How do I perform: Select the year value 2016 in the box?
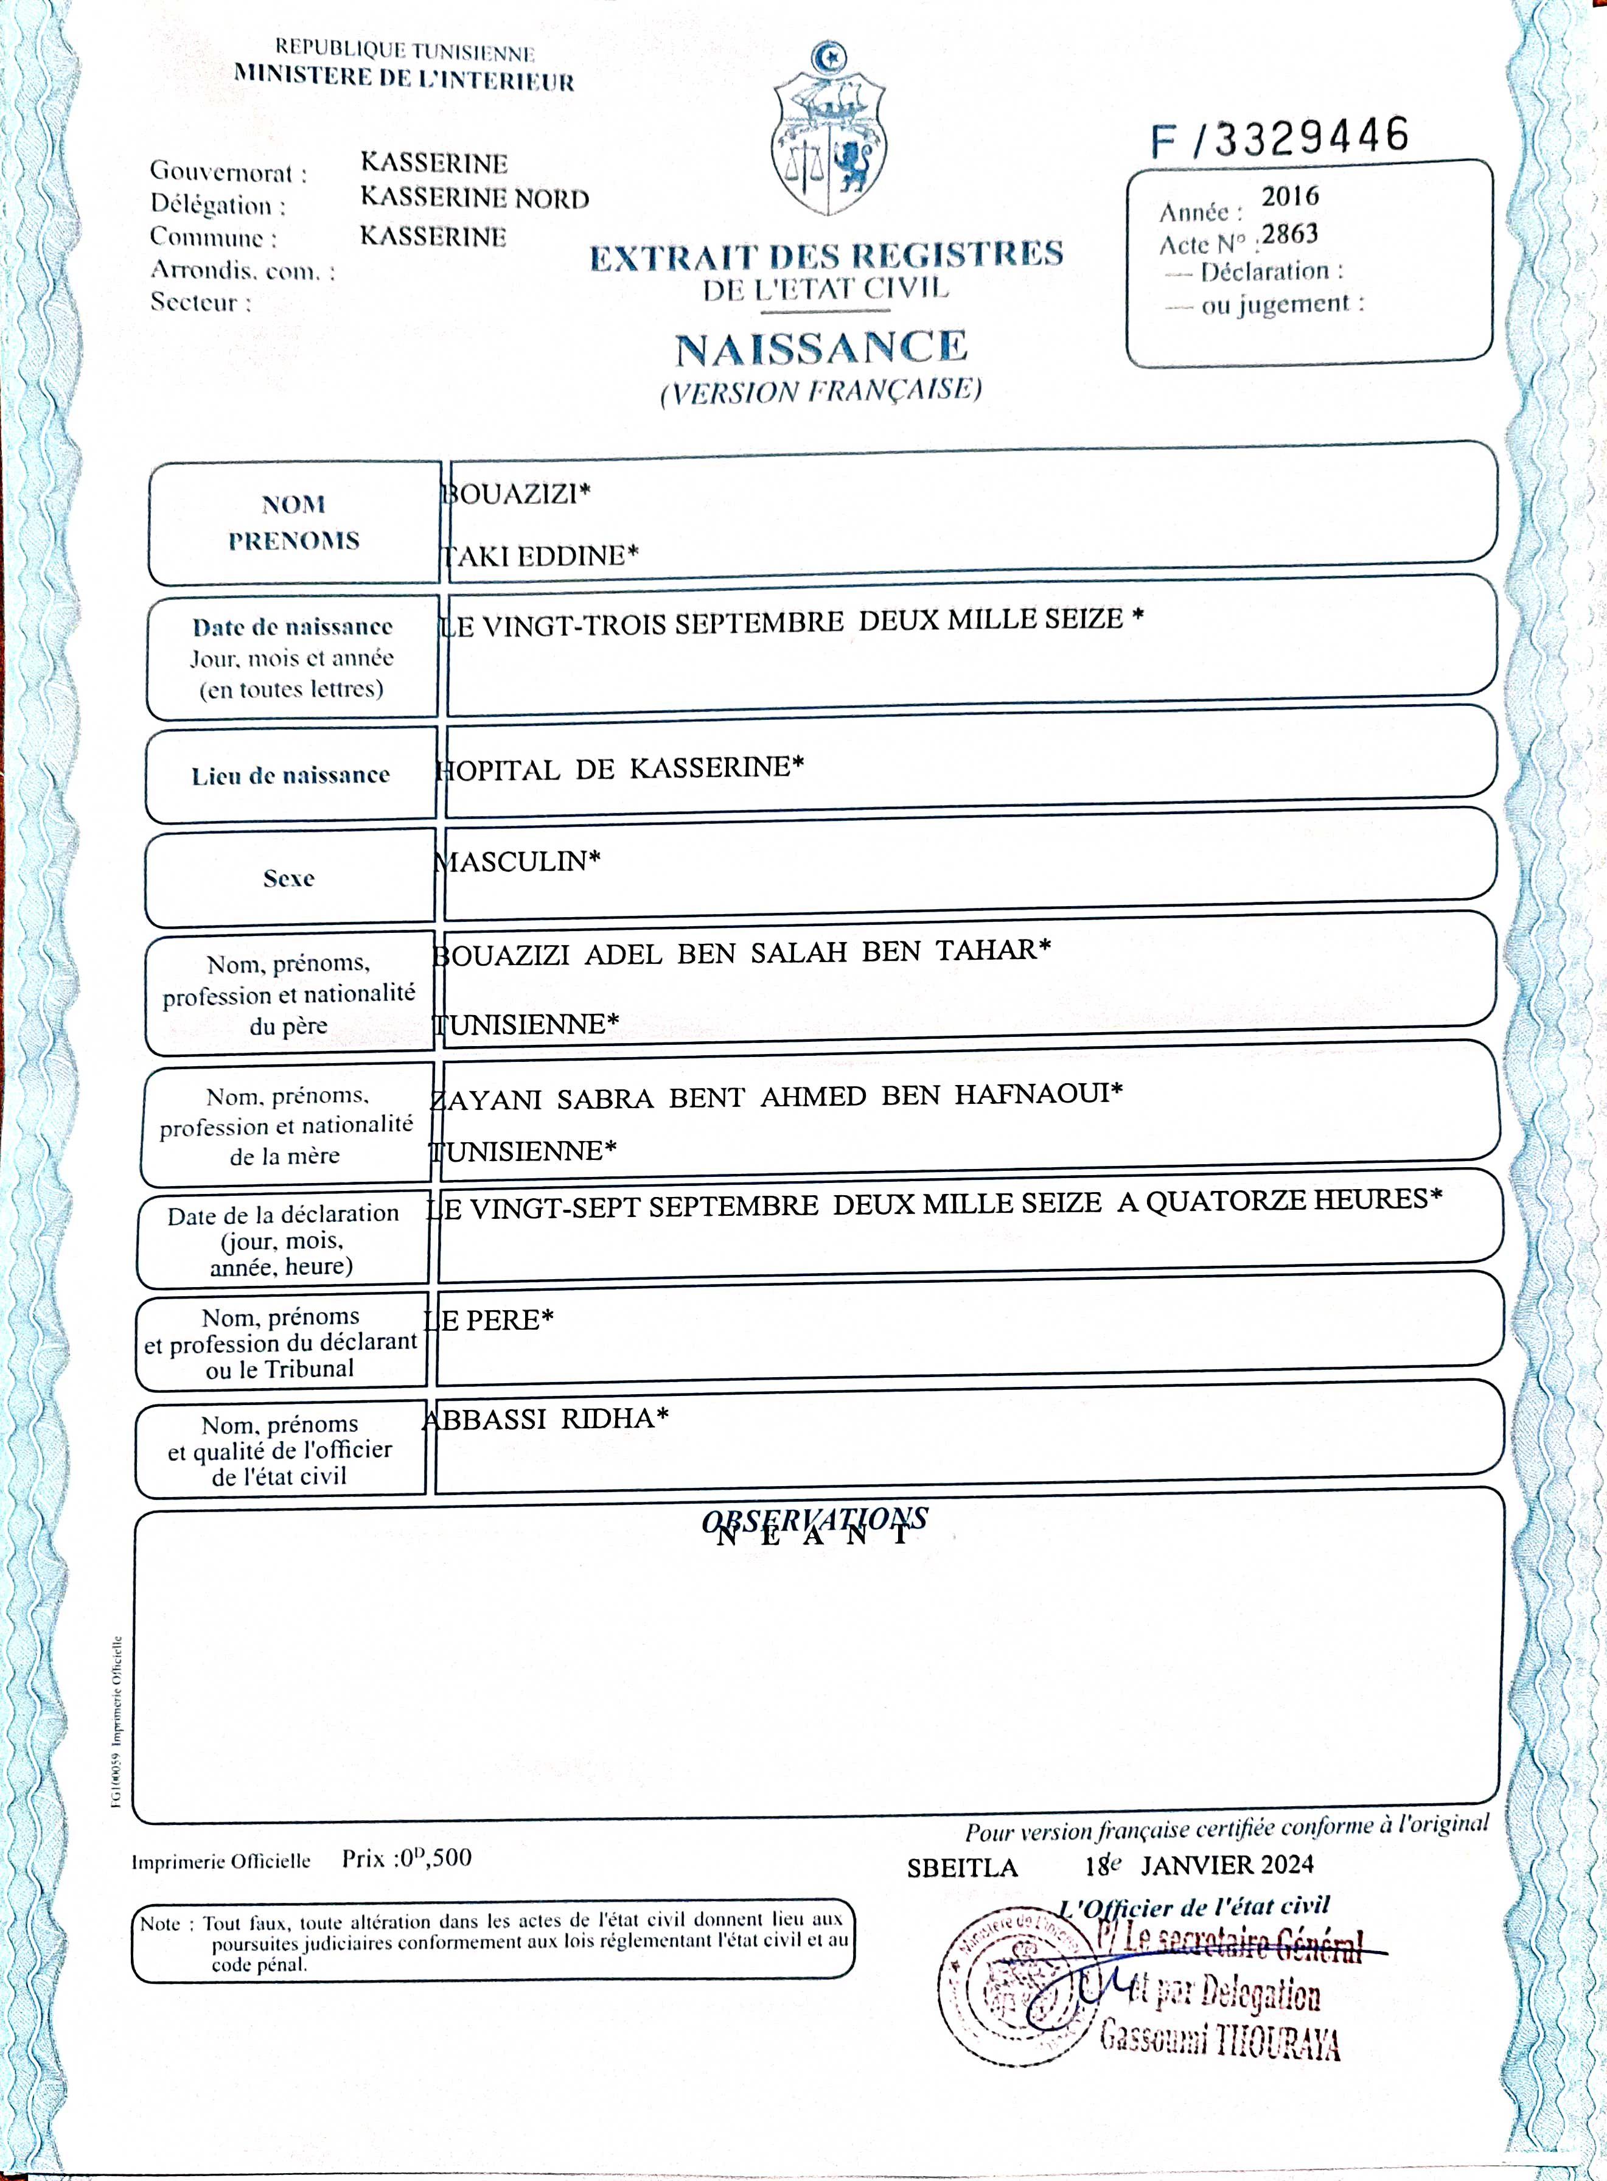(x=1290, y=197)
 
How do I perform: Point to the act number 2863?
(x=1290, y=234)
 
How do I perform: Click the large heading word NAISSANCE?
(x=822, y=348)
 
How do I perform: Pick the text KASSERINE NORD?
(x=475, y=198)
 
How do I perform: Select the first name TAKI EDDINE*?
(x=540, y=556)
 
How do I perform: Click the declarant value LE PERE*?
(x=489, y=1320)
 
